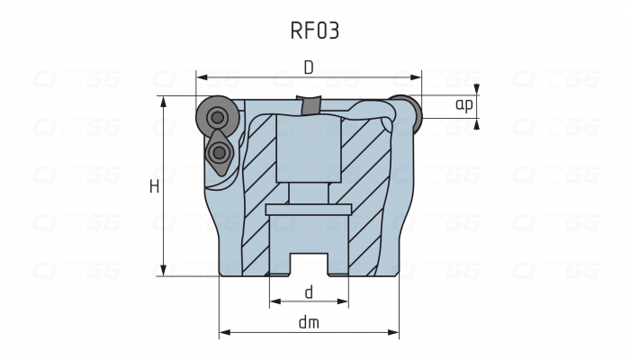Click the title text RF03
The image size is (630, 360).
click(x=314, y=31)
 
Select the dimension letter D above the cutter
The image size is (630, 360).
click(x=308, y=67)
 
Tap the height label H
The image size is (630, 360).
click(x=154, y=186)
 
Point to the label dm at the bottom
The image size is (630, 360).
click(x=309, y=321)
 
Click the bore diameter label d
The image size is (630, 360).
click(x=309, y=292)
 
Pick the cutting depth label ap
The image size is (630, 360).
click(x=463, y=106)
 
